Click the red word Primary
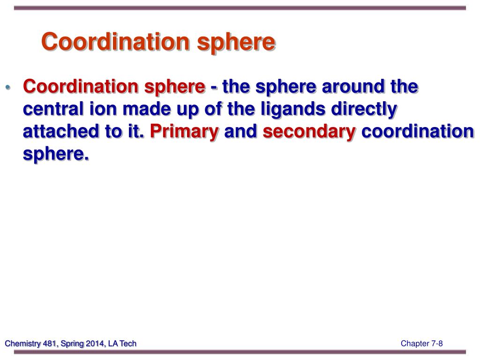(x=184, y=133)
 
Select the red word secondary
(x=309, y=133)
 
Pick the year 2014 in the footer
(x=92, y=344)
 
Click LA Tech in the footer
(x=122, y=344)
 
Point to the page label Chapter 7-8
(x=421, y=344)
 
